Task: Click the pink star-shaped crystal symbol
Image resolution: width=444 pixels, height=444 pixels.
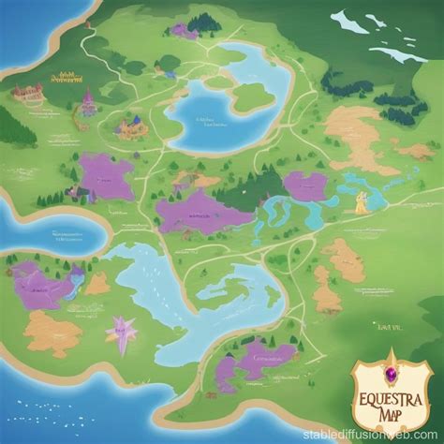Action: pos(123,331)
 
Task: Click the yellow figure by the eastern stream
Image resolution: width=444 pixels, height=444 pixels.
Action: pos(361,203)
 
